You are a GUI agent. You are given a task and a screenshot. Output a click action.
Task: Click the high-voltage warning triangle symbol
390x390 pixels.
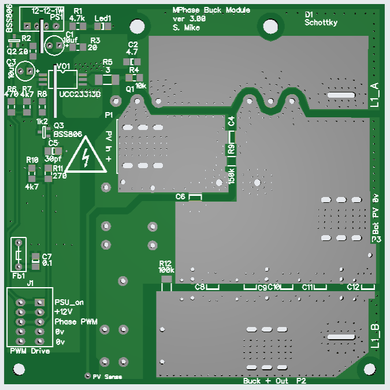click(86, 156)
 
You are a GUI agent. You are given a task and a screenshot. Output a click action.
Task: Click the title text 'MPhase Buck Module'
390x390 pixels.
click(211, 11)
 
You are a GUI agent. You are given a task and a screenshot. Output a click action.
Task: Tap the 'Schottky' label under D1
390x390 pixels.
click(321, 23)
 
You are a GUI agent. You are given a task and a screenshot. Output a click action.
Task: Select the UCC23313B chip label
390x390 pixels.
click(80, 94)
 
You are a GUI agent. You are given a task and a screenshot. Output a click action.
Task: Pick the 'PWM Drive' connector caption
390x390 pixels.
click(30, 351)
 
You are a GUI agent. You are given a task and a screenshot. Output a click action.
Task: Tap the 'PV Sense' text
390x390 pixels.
click(107, 377)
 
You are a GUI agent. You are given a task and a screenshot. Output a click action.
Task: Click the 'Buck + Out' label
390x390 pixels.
click(265, 381)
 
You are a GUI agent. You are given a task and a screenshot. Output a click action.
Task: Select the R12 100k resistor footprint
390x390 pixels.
click(166, 285)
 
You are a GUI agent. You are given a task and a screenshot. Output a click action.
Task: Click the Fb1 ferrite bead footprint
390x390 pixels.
click(18, 254)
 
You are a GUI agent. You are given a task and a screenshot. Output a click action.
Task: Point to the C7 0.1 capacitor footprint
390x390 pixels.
click(36, 261)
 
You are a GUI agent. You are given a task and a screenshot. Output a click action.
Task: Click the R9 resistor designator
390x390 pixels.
click(231, 149)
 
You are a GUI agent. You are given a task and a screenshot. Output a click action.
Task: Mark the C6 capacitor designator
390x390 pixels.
click(181, 197)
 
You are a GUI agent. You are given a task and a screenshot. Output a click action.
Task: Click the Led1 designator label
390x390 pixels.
click(102, 18)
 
